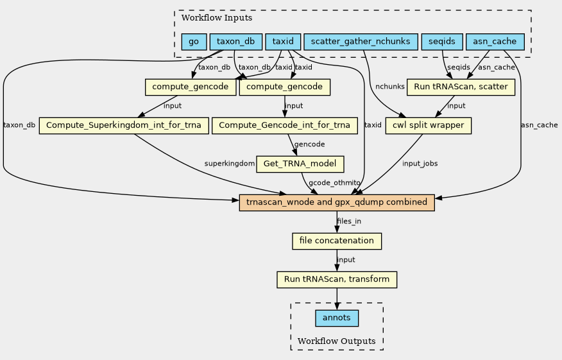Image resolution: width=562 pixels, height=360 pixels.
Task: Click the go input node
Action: point(194,42)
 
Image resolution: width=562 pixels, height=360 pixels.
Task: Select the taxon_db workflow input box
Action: point(235,42)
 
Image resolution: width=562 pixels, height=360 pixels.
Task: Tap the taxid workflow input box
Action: point(283,42)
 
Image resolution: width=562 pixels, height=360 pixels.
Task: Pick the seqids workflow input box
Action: point(442,42)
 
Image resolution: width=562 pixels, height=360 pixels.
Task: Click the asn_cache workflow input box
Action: point(495,42)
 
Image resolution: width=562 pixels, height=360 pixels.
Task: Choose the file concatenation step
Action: point(337,241)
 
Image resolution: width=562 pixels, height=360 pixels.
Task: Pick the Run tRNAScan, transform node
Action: point(337,280)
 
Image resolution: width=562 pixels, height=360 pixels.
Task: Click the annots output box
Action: point(337,318)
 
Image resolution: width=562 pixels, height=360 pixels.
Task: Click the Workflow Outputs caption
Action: point(337,340)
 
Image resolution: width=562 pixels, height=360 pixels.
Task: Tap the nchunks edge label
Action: point(389,86)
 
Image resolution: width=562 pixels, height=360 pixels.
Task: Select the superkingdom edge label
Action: point(230,164)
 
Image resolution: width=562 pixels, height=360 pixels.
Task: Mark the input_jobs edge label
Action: point(420,164)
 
